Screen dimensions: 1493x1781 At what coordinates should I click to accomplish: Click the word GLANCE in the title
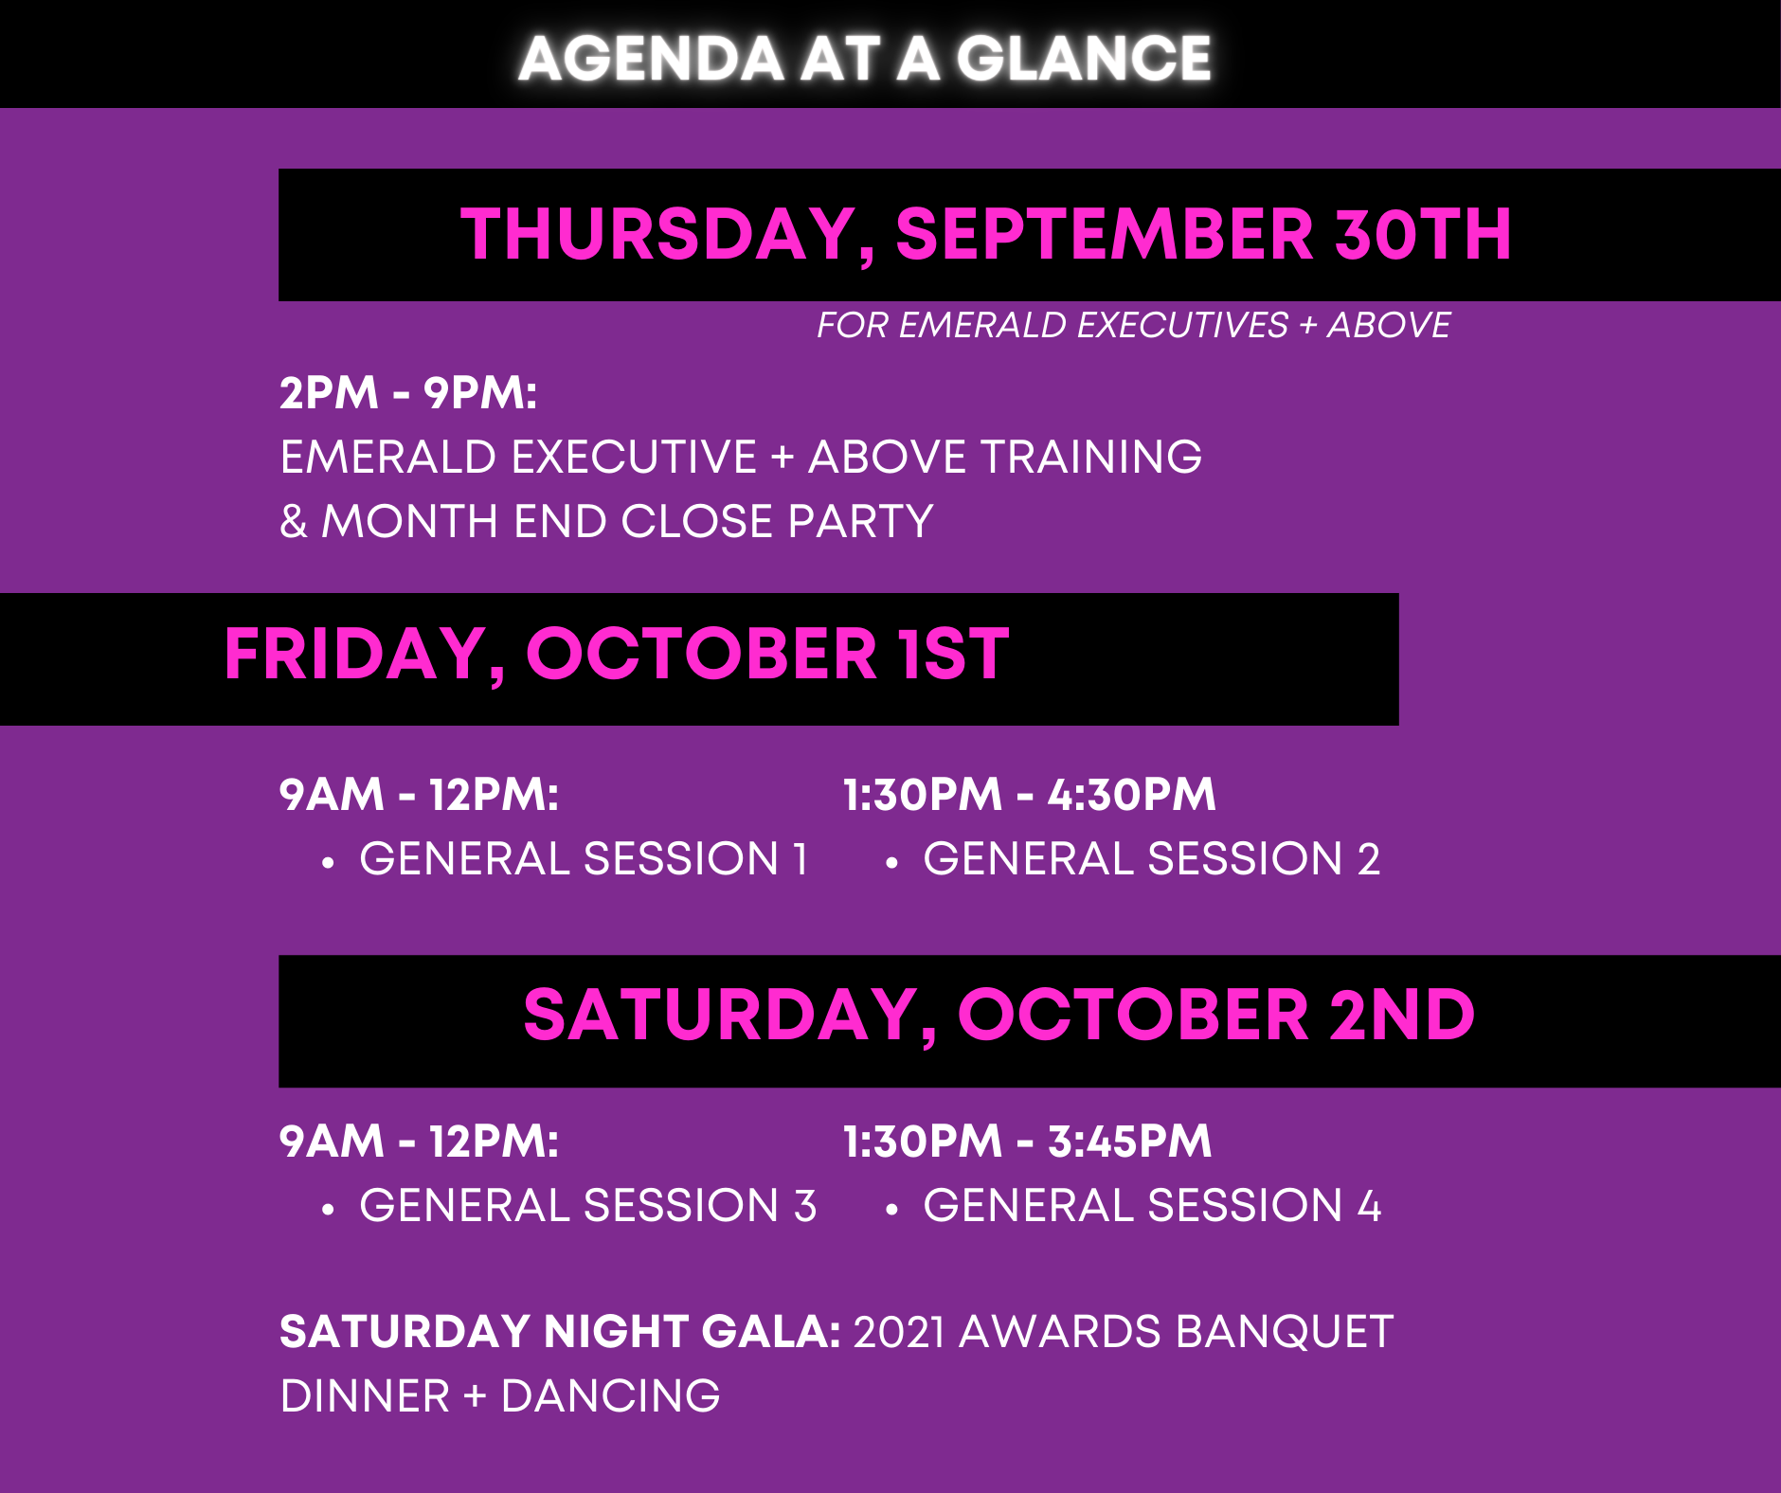point(1083,59)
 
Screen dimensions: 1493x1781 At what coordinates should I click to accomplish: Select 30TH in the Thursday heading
point(1422,235)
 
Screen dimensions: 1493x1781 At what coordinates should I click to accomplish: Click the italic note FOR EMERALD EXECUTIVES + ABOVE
point(1133,325)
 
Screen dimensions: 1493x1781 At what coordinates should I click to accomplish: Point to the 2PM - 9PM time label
point(408,393)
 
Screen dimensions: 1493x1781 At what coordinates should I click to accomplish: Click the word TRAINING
point(1090,458)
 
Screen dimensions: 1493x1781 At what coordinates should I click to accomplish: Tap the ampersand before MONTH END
point(294,522)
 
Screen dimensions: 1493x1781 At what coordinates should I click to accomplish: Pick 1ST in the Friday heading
point(954,655)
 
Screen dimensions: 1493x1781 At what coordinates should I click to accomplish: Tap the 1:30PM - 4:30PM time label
point(1029,795)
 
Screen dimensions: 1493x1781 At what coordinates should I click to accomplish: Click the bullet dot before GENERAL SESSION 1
point(328,863)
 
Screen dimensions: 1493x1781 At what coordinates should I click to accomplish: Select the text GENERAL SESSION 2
point(1151,859)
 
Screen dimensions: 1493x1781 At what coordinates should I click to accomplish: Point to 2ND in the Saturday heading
point(1402,1016)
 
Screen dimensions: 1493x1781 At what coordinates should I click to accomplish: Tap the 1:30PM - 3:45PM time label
point(1027,1142)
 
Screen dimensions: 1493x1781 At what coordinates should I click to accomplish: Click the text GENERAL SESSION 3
point(587,1206)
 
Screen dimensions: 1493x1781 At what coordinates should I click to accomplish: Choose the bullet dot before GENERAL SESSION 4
point(891,1210)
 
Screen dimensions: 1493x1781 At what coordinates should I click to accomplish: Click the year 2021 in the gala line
point(899,1332)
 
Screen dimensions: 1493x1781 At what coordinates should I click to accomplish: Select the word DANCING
point(610,1396)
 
